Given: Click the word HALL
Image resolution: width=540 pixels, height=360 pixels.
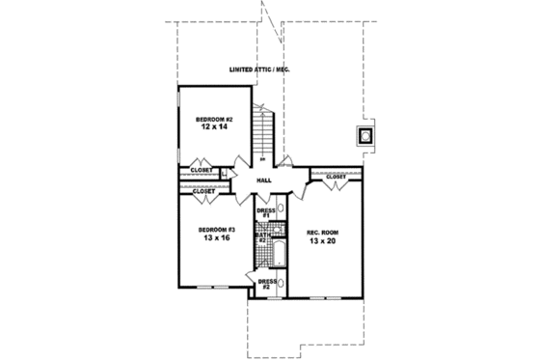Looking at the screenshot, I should [x=264, y=180].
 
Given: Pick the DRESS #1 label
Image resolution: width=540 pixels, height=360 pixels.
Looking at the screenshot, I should [x=266, y=211].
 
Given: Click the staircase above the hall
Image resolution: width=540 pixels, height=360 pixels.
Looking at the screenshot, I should [x=264, y=135].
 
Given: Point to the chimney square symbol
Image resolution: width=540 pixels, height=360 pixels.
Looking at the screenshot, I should [x=365, y=135].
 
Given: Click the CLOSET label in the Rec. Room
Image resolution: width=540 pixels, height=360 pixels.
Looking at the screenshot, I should [x=336, y=178].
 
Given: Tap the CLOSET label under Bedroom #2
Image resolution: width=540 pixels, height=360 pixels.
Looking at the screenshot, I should [x=202, y=169].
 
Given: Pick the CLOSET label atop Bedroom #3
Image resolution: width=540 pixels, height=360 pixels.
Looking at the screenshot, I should [x=204, y=191].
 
